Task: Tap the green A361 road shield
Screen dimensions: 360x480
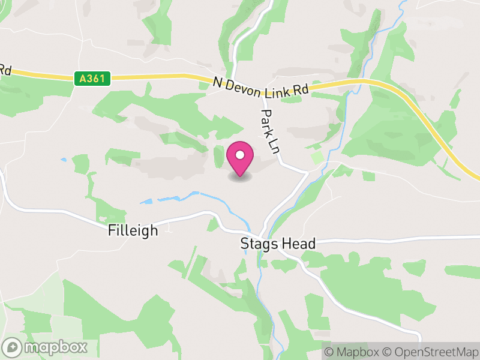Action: tap(92, 79)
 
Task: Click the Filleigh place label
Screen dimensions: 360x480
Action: tap(133, 230)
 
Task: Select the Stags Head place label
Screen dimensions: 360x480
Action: tap(277, 244)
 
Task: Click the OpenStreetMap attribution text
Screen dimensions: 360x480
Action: tap(431, 352)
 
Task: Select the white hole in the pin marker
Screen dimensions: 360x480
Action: tap(240, 155)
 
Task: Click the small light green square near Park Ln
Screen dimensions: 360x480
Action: tap(317, 158)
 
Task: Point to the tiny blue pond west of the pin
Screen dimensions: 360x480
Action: tap(64, 160)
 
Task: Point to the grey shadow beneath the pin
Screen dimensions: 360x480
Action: tap(240, 177)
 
